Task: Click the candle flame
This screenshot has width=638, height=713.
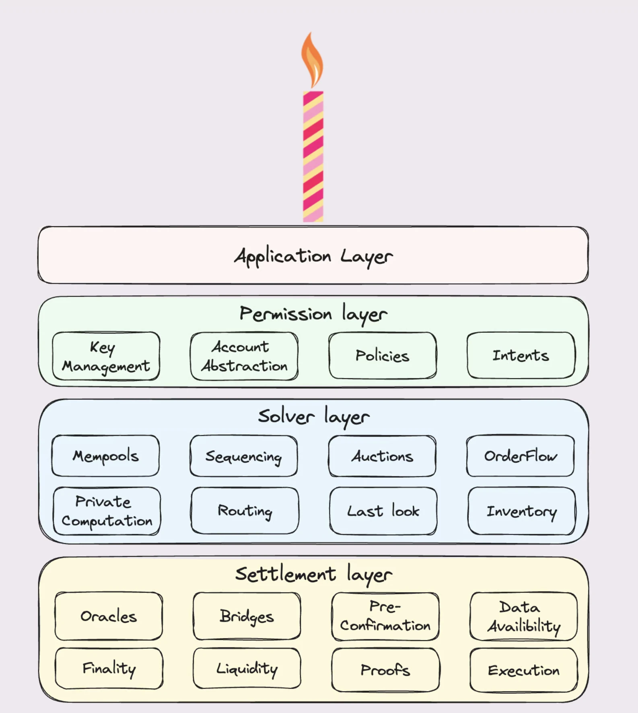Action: (312, 60)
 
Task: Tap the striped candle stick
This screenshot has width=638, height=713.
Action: (313, 157)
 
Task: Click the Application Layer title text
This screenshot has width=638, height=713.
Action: (313, 256)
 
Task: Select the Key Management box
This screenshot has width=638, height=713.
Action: (106, 356)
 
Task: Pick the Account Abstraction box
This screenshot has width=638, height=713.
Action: (244, 356)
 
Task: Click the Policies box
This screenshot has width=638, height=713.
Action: (383, 355)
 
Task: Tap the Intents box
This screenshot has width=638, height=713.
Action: (521, 355)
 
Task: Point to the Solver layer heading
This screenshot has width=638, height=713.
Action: (314, 416)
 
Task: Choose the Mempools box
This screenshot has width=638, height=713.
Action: (105, 455)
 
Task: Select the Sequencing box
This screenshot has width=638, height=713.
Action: (244, 456)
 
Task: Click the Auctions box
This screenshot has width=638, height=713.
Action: (382, 456)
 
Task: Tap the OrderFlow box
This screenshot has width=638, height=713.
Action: (521, 455)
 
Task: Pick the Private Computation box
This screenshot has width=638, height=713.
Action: (107, 511)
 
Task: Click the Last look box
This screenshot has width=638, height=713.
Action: (383, 511)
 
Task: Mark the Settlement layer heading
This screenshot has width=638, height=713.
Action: (314, 574)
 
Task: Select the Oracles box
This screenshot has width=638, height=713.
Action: (109, 616)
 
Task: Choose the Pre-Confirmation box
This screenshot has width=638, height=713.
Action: (385, 616)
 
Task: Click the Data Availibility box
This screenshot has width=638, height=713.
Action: (524, 616)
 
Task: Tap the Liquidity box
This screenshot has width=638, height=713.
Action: (247, 668)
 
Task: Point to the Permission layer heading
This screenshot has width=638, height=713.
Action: (313, 314)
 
